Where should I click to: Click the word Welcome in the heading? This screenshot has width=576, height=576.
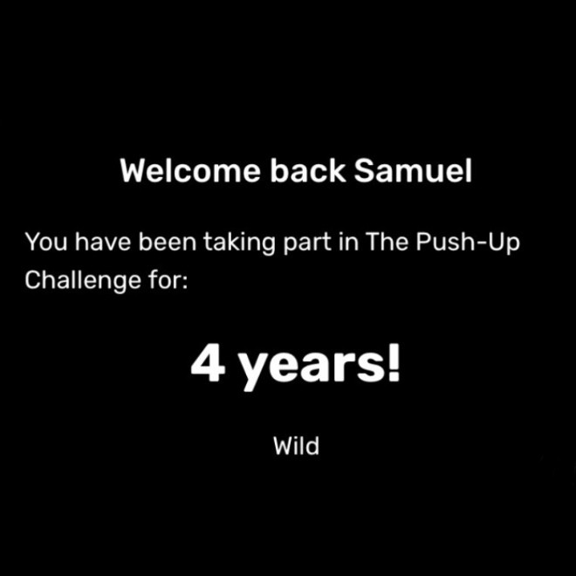click(x=190, y=171)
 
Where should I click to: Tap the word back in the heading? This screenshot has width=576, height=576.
click(x=308, y=171)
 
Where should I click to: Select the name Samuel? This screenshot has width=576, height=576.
click(x=413, y=171)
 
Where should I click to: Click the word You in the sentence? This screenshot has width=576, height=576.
click(x=46, y=242)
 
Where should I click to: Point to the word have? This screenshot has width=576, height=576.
click(x=103, y=242)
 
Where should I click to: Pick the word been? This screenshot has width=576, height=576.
click(x=168, y=242)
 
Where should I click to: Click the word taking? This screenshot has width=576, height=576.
click(x=239, y=243)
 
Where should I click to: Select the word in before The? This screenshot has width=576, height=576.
click(x=348, y=242)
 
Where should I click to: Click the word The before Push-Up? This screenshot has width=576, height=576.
click(x=387, y=242)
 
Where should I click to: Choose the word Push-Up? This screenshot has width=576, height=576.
click(x=468, y=243)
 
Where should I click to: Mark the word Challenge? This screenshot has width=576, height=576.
click(x=83, y=282)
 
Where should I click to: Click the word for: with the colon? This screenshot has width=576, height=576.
click(x=168, y=279)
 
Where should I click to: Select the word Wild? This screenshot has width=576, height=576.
click(x=296, y=446)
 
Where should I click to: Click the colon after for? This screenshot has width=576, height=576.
click(x=185, y=282)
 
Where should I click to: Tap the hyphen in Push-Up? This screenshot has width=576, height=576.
click(x=482, y=243)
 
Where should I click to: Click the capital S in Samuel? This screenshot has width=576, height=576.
click(x=365, y=171)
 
